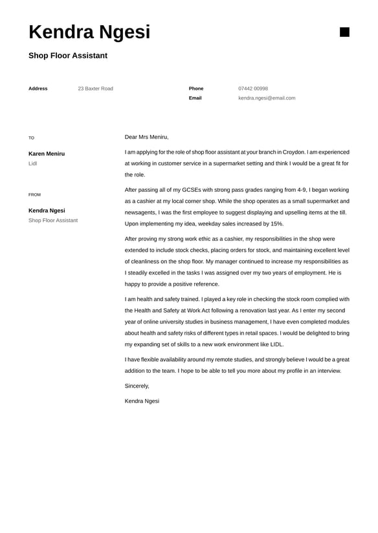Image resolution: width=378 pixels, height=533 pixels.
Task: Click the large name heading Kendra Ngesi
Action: pos(89,32)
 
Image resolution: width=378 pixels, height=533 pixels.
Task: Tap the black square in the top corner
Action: pos(344,32)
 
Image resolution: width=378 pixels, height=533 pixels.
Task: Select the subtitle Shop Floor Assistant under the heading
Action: pos(68,56)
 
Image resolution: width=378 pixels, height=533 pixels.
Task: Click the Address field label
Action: pos(38,89)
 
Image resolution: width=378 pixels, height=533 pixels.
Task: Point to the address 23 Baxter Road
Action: pos(95,89)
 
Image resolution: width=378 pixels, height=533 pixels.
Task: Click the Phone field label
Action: pos(196,89)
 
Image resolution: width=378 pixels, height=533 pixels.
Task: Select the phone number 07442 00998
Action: pos(253,89)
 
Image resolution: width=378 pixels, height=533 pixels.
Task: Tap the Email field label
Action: pos(195,98)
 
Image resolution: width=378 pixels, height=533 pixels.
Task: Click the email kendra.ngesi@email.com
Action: pos(267,98)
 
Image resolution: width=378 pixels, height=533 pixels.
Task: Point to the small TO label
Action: pos(31,138)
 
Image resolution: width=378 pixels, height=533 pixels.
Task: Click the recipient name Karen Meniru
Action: pos(47,154)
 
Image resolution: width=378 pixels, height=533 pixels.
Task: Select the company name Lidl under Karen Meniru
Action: pos(33,163)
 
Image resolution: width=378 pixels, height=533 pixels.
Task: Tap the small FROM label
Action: pos(34,194)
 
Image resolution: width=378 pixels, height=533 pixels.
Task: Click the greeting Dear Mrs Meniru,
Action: pos(146,137)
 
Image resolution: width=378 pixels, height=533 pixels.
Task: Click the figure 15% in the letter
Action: pos(276,224)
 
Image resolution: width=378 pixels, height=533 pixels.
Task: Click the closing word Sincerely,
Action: pos(137,386)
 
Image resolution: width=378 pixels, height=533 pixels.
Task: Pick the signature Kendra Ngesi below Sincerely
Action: pos(142,401)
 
